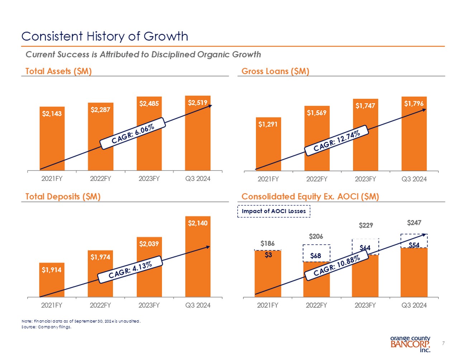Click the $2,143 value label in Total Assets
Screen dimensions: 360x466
coord(52,114)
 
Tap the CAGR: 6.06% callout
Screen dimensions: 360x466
coord(133,134)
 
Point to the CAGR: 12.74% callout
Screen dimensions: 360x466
coord(336,140)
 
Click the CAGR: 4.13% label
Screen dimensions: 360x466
coord(130,270)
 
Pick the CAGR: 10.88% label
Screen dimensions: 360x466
coord(336,266)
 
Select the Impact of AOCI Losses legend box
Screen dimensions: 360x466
coord(274,211)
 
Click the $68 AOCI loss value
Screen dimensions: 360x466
coord(316,256)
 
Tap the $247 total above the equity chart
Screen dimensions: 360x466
coord(414,223)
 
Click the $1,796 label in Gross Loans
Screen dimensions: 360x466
coord(414,104)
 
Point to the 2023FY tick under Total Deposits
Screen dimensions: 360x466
coord(149,305)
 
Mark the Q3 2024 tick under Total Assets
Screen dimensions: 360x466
coord(198,178)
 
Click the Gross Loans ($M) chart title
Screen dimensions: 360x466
coord(275,71)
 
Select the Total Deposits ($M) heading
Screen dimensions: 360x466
coord(63,197)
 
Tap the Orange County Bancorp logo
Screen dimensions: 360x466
coord(410,344)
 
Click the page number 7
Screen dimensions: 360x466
coord(443,343)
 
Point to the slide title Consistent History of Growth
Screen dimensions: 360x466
coord(105,36)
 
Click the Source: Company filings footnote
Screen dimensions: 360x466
coord(47,327)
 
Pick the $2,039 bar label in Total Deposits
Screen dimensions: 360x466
coord(149,244)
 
